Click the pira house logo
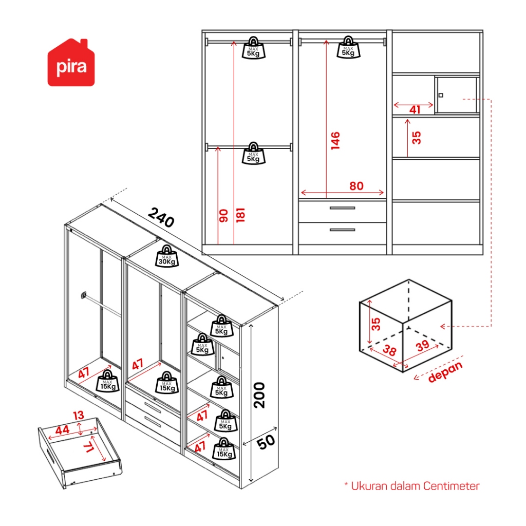(x=71, y=63)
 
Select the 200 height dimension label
(x=260, y=394)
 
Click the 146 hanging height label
(x=335, y=140)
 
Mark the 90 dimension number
(x=223, y=216)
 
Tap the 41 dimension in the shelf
(x=415, y=109)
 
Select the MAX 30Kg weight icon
(x=167, y=256)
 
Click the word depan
(x=445, y=372)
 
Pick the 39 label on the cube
(x=422, y=346)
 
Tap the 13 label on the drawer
(x=78, y=415)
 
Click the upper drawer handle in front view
(x=342, y=208)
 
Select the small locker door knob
(x=441, y=95)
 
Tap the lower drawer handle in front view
(x=342, y=230)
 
